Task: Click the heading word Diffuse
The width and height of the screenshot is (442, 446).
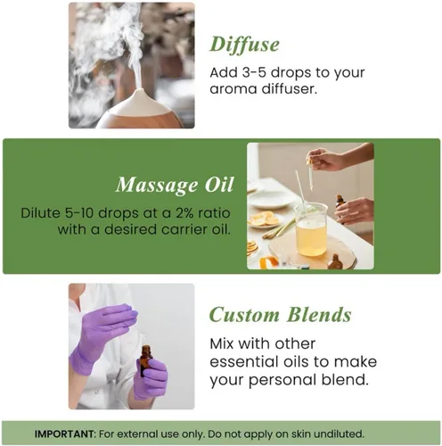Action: (x=244, y=45)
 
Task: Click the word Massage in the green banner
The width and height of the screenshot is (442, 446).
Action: (x=157, y=186)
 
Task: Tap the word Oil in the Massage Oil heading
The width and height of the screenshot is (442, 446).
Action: (x=219, y=185)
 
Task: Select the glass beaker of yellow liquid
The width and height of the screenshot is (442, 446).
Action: (x=310, y=229)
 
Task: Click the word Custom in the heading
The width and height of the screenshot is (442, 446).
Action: (x=244, y=315)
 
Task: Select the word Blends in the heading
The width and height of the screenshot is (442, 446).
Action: (x=319, y=315)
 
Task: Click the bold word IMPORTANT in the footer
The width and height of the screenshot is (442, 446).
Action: (x=65, y=434)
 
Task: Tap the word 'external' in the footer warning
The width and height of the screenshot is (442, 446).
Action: (x=132, y=434)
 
